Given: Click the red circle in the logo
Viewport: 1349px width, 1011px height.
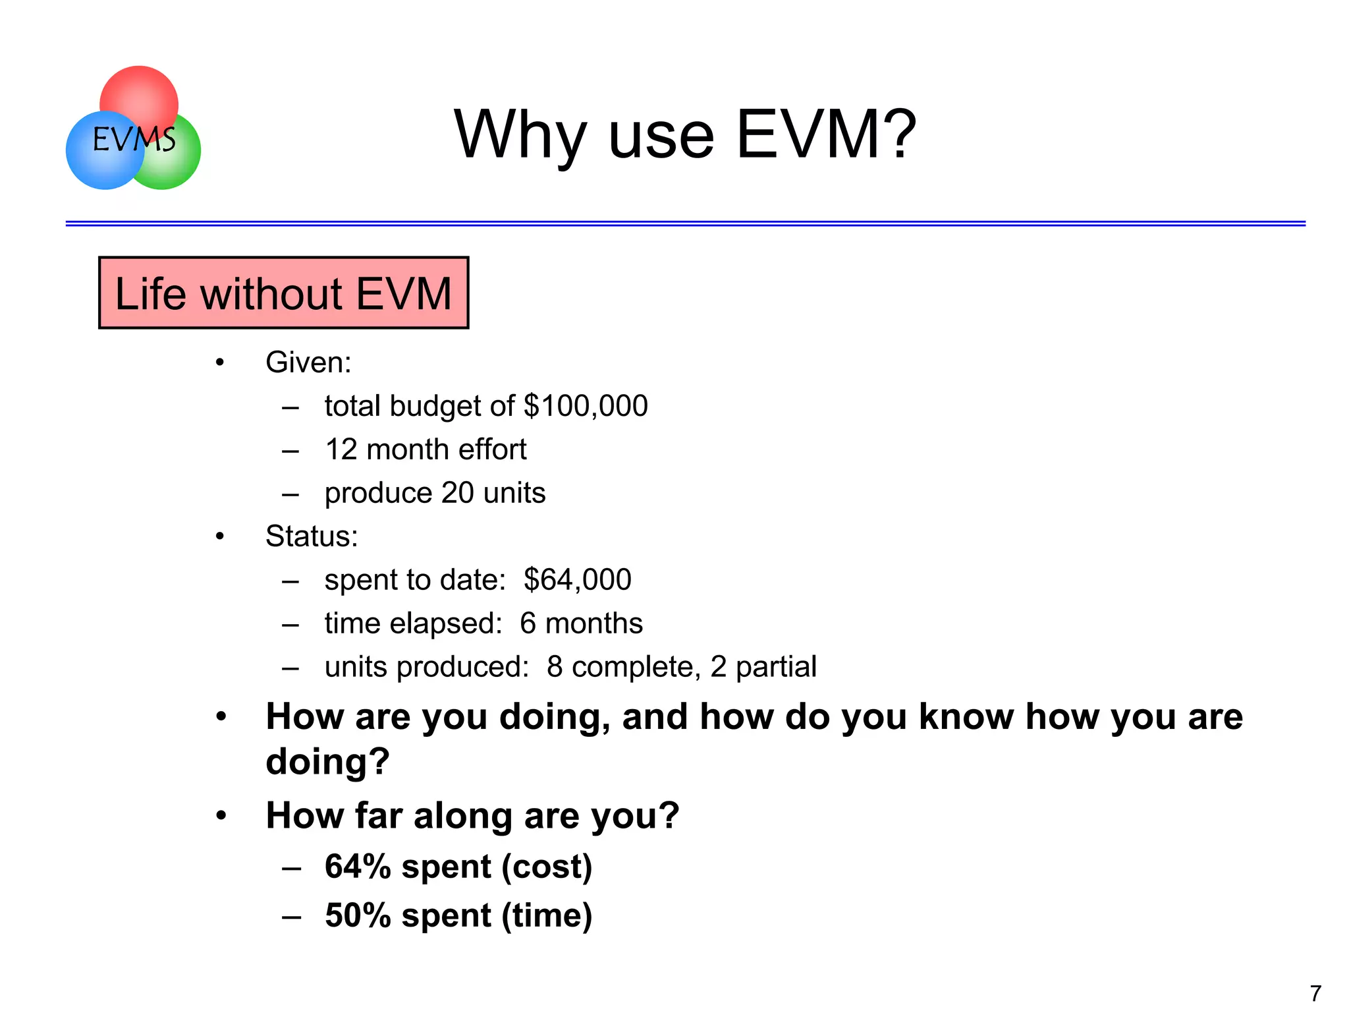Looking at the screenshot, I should [x=139, y=92].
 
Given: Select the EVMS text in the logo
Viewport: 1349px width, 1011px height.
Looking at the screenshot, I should [x=134, y=139].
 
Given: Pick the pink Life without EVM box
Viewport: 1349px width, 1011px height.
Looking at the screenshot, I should [x=283, y=293].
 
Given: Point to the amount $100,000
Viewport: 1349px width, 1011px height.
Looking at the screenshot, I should [x=585, y=405].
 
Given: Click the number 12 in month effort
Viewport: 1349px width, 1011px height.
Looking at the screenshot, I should [x=341, y=449].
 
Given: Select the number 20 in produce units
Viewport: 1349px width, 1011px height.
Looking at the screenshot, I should [x=457, y=493].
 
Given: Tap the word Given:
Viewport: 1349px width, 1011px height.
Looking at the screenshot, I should [x=308, y=362].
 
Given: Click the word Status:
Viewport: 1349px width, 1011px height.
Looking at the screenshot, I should [x=312, y=536].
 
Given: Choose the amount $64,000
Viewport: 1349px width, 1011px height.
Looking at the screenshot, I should [x=577, y=579].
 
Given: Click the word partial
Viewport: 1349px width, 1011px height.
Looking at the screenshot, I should [x=776, y=667].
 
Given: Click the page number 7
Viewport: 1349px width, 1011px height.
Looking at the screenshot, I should [x=1315, y=993].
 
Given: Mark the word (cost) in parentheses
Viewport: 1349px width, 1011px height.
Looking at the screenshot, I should [x=547, y=866].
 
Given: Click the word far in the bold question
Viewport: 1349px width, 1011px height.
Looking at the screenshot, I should [x=378, y=815].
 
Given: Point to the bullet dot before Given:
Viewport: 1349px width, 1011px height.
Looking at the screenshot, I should [x=220, y=362].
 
